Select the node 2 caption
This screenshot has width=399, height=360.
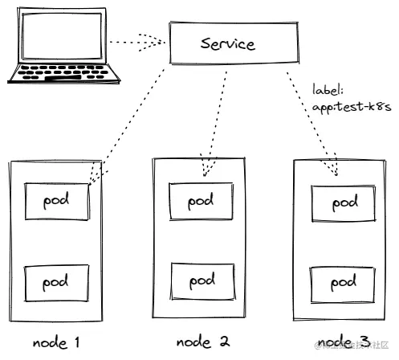coord(202,342)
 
